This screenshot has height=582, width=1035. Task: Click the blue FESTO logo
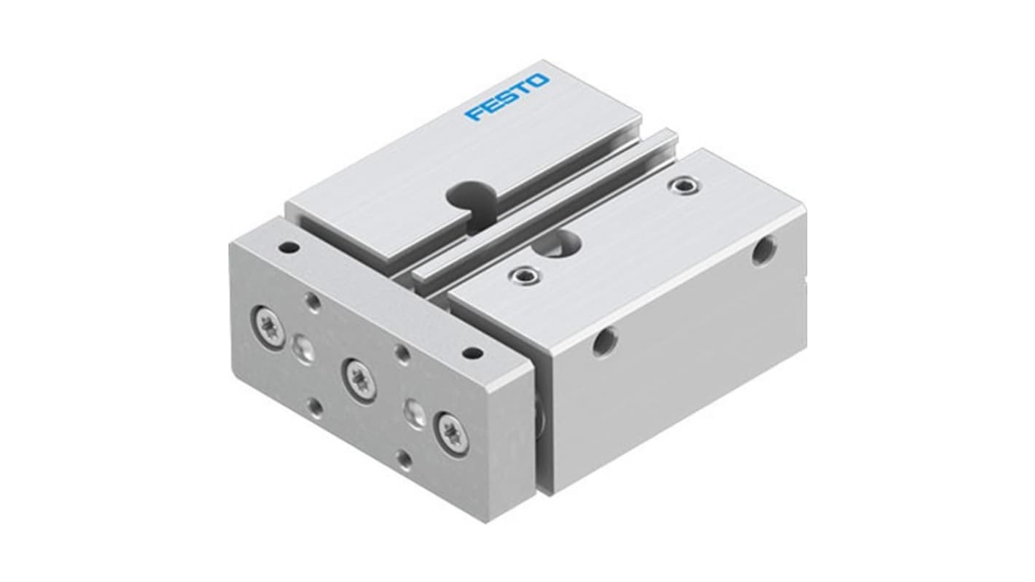click(508, 97)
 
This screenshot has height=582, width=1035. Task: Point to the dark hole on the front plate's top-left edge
click(289, 247)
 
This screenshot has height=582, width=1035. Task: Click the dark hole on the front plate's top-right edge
click(472, 354)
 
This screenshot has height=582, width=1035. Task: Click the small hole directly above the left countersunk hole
click(313, 300)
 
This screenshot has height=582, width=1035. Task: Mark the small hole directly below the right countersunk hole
click(403, 459)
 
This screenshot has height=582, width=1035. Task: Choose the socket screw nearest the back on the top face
click(682, 187)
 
